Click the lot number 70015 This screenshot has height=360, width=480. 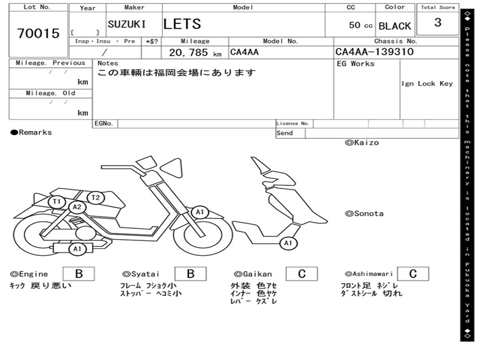[38, 33]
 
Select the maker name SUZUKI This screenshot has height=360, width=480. [127, 24]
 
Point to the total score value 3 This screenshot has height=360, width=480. [437, 22]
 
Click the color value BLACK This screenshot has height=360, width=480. [395, 26]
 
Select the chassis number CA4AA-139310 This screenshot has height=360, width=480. [375, 52]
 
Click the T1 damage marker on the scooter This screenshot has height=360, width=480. [57, 202]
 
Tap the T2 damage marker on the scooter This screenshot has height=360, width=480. [95, 197]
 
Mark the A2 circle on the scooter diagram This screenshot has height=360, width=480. [77, 207]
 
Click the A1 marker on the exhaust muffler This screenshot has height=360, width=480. [77, 249]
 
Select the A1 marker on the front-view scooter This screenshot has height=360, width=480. [288, 243]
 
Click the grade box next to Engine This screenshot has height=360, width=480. [78, 274]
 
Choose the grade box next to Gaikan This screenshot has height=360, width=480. [301, 274]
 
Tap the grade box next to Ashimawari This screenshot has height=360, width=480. [412, 274]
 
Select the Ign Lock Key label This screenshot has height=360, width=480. [427, 83]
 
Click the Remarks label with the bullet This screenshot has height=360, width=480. [31, 133]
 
